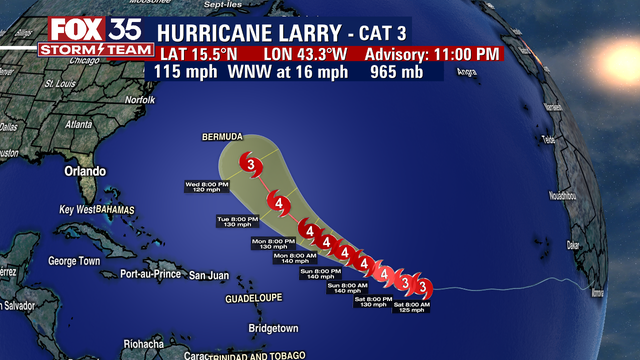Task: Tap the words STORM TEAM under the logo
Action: coord(76,48)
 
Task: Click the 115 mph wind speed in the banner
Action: coord(186,72)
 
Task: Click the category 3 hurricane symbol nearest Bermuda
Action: coord(254,165)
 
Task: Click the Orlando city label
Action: coord(86,171)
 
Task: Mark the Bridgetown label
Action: coord(273,328)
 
